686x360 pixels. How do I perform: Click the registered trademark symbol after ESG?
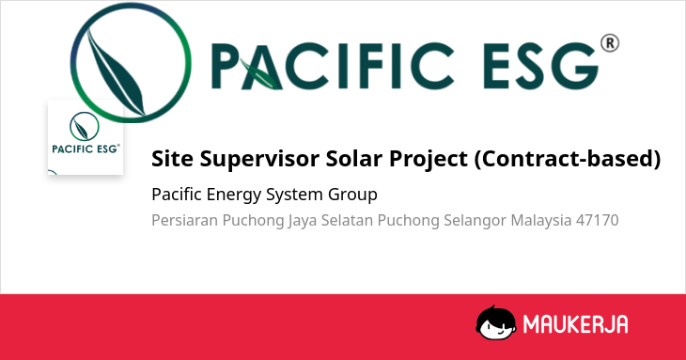(610, 44)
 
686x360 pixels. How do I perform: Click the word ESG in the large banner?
(540, 66)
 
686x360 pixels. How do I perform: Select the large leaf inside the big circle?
(116, 72)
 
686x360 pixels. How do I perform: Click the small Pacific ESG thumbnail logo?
(86, 137)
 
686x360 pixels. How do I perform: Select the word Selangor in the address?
(476, 221)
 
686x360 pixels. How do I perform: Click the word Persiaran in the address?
(184, 220)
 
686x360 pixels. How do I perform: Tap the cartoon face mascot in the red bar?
(495, 322)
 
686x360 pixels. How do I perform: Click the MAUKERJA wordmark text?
(575, 324)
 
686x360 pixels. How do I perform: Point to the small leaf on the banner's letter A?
(260, 73)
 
